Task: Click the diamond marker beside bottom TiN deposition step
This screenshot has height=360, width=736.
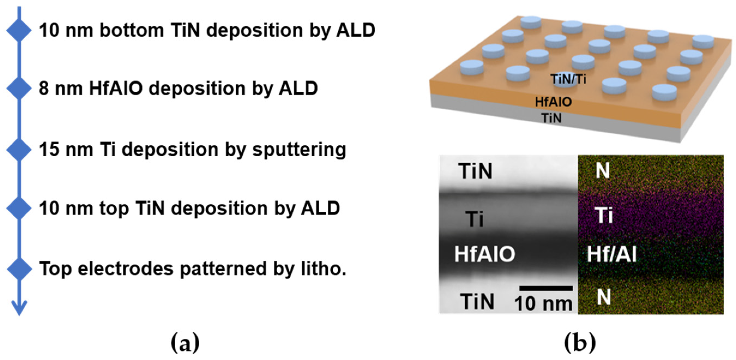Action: click(x=19, y=30)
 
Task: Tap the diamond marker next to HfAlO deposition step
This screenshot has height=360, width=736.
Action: click(x=19, y=88)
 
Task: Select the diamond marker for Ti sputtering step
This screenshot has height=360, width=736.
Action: click(x=19, y=149)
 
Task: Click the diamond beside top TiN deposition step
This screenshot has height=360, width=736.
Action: click(x=19, y=208)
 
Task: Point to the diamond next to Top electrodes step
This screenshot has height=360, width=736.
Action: click(x=19, y=269)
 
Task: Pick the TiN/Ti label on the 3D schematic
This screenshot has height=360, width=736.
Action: click(x=568, y=79)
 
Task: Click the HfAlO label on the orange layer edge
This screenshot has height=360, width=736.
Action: click(x=553, y=102)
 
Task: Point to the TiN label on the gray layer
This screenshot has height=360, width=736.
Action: click(x=551, y=118)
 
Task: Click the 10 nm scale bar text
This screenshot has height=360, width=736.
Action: click(x=544, y=303)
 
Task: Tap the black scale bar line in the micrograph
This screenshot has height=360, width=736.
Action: click(x=546, y=288)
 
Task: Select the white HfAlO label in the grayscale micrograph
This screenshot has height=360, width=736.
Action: click(x=485, y=254)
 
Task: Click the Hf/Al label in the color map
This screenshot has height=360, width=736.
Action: click(x=611, y=254)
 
